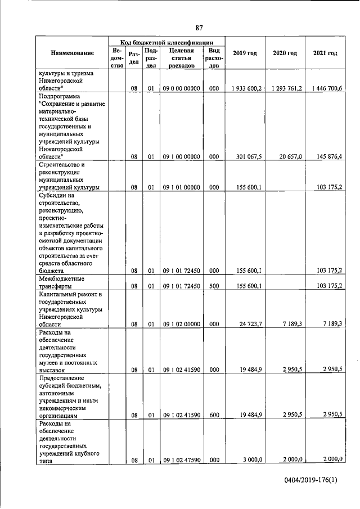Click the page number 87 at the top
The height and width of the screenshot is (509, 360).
(199, 28)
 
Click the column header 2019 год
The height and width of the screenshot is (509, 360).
(245, 53)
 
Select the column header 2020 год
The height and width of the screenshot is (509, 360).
(285, 53)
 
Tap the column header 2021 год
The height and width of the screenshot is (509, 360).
(325, 53)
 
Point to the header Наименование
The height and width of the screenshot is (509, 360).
(72, 53)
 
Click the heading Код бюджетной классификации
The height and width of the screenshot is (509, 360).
(167, 42)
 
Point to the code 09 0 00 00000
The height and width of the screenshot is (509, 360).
(181, 88)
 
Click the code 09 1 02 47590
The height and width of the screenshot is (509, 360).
(181, 460)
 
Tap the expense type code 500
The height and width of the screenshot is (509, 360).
(214, 286)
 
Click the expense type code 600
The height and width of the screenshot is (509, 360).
(214, 415)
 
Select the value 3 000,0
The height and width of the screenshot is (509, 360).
(253, 460)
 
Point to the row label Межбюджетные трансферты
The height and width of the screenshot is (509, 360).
(61, 282)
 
